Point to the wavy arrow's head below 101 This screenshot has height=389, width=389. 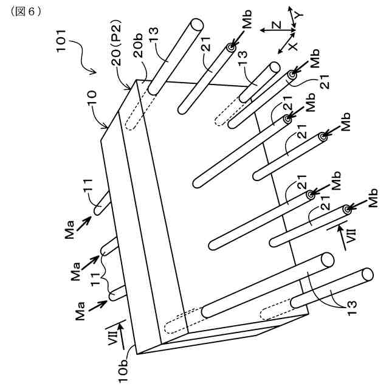[95, 72]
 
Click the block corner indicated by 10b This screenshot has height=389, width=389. [137, 354]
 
